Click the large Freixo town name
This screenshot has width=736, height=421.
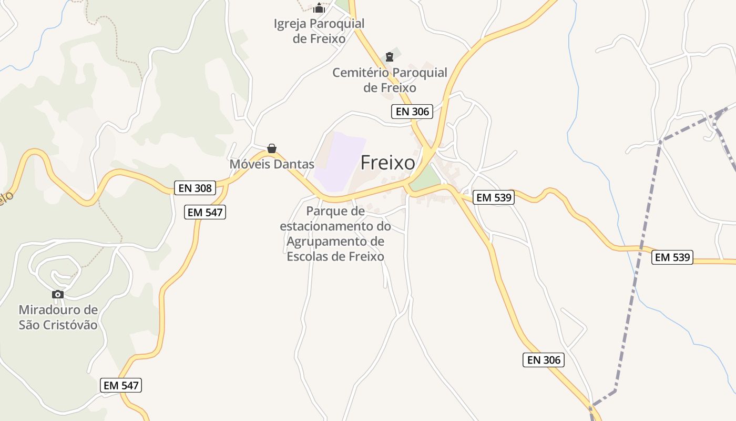tap(387, 163)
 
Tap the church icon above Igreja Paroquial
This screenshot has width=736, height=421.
tap(319, 8)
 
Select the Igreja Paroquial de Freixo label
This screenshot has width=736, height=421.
tap(319, 31)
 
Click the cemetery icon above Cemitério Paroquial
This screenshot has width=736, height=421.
tap(390, 56)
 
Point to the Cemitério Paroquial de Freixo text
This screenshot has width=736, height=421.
tap(390, 80)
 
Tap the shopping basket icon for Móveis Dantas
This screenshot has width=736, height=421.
tap(272, 148)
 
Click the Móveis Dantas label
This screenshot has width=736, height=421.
tap(272, 164)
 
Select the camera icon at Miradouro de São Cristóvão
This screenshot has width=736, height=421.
tap(58, 294)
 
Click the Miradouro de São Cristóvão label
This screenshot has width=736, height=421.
tap(58, 317)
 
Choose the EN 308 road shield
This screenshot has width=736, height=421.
tap(195, 188)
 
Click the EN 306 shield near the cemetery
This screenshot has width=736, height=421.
tap(412, 112)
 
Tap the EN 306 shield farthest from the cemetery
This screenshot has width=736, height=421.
tap(544, 360)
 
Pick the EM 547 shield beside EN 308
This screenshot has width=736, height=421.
tap(206, 213)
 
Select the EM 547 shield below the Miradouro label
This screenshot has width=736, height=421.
tap(121, 385)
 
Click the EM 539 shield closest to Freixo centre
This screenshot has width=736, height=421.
tap(493, 198)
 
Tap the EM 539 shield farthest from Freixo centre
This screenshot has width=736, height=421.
tap(672, 257)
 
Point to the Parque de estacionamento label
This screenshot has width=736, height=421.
tap(335, 234)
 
